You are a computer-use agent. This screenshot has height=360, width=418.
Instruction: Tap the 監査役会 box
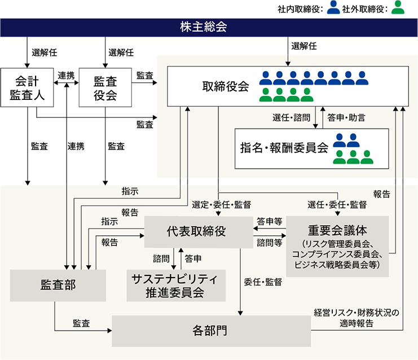[x=105, y=87]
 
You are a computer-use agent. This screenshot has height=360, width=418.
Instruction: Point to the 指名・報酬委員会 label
[x=284, y=148]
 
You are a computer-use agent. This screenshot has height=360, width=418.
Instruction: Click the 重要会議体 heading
[x=337, y=230]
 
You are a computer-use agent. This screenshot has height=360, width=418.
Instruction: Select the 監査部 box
[x=58, y=286]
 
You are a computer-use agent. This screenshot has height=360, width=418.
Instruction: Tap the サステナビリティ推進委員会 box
[x=175, y=286]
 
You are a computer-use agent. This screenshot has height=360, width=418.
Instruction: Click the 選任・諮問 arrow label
[x=291, y=118]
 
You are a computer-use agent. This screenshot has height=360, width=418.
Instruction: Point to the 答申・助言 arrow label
[x=346, y=118]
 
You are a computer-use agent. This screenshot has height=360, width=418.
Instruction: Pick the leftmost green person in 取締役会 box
[x=266, y=94]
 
